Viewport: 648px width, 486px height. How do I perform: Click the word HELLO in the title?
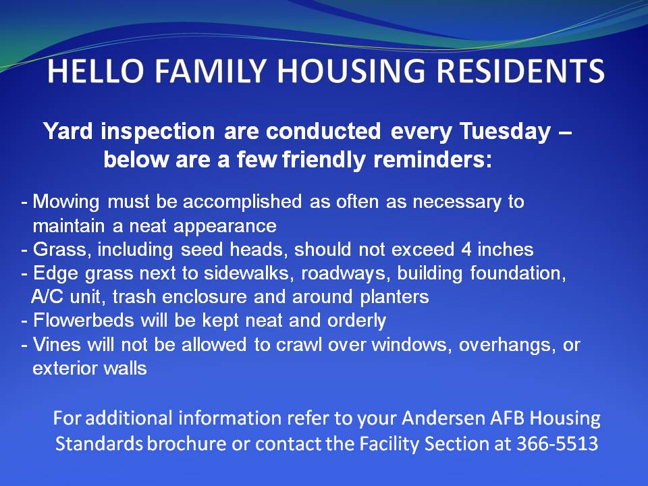coord(96,71)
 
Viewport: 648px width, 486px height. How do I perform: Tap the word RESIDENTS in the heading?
coord(520,71)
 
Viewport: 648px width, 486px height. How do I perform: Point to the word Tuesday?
coord(506,132)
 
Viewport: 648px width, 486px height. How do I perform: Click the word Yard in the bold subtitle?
coord(68,131)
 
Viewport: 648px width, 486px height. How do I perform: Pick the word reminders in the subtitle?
coord(433,159)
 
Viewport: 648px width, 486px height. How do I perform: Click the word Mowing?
coord(66,202)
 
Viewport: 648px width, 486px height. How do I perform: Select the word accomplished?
coord(242,202)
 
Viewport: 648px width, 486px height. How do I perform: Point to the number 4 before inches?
coord(466,250)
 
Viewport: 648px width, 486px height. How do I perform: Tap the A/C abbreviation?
coord(47,297)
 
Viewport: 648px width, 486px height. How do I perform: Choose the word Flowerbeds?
coord(84,320)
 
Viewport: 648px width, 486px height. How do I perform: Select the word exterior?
coord(65,369)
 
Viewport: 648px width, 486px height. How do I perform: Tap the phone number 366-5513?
coord(558,443)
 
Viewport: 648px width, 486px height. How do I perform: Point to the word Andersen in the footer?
coord(443,418)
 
